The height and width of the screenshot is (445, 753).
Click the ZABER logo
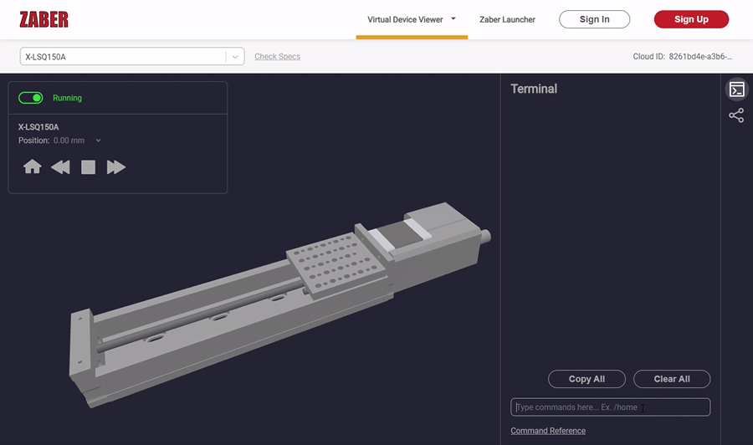click(44, 19)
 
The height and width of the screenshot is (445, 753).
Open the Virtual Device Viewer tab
click(406, 19)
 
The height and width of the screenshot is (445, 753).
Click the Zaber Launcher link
click(507, 19)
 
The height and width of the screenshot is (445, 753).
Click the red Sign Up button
click(691, 19)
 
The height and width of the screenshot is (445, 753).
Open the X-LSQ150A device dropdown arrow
click(236, 57)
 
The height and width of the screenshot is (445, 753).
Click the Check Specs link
click(277, 57)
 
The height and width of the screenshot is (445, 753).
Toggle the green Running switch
click(31, 98)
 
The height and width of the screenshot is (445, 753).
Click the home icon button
click(33, 167)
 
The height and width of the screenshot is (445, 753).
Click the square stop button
click(88, 167)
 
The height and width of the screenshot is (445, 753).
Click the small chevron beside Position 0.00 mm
click(99, 141)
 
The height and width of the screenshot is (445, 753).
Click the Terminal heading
click(534, 89)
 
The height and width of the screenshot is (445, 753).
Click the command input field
click(610, 407)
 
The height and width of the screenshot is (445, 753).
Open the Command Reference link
click(548, 431)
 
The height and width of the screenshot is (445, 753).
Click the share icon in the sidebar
click(736, 115)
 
